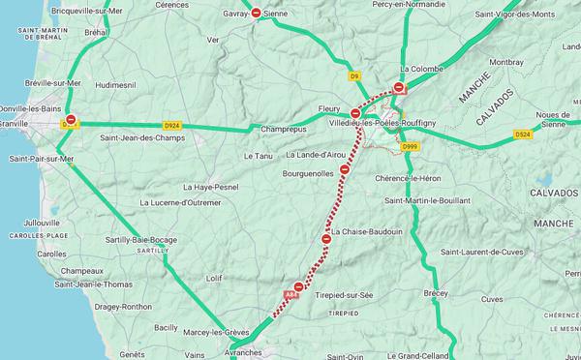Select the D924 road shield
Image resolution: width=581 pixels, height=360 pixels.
click(x=172, y=125)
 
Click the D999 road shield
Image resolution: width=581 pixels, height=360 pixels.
click(x=409, y=146)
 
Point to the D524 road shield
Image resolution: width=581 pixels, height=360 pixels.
click(x=524, y=134)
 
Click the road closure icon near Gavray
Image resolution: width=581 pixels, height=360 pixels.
click(x=256, y=13)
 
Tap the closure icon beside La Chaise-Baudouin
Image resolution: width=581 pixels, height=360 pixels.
click(x=326, y=238)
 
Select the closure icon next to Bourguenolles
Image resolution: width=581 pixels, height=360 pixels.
click(x=344, y=169)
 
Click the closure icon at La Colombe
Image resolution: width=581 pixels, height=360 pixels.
click(x=398, y=87)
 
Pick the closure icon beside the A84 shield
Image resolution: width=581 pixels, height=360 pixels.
click(x=299, y=286)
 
